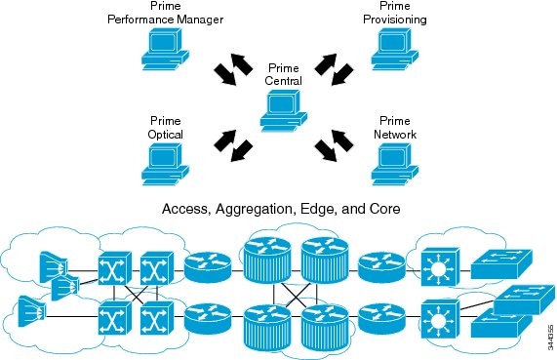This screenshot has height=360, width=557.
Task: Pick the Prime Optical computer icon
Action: (x=164, y=162)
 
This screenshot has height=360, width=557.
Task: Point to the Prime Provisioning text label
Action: (x=394, y=13)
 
